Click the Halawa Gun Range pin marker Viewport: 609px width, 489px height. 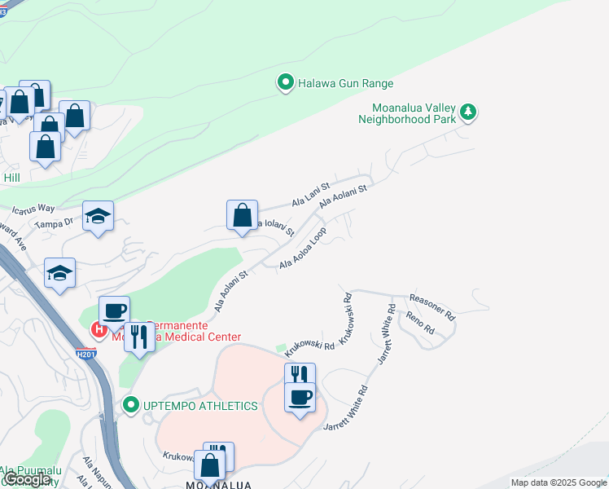pos(285,83)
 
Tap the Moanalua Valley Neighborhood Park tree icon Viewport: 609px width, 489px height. pos(467,112)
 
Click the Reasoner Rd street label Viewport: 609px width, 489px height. pos(432,306)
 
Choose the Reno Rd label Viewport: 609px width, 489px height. pos(419,324)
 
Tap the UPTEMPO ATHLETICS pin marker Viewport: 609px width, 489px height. pos(130,405)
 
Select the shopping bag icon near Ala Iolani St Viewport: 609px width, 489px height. pos(243,216)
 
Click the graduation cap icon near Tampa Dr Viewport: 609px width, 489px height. pos(98,216)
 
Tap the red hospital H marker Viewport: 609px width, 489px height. pos(99,330)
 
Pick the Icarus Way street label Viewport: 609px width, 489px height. pos(33,209)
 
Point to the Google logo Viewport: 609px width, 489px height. pos(28,479)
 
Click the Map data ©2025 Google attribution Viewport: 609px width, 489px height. pos(559,482)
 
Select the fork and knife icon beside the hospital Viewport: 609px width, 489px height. pos(139,337)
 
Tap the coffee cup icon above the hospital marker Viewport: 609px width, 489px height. pos(114,311)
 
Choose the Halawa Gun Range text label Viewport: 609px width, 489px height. pos(345,83)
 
